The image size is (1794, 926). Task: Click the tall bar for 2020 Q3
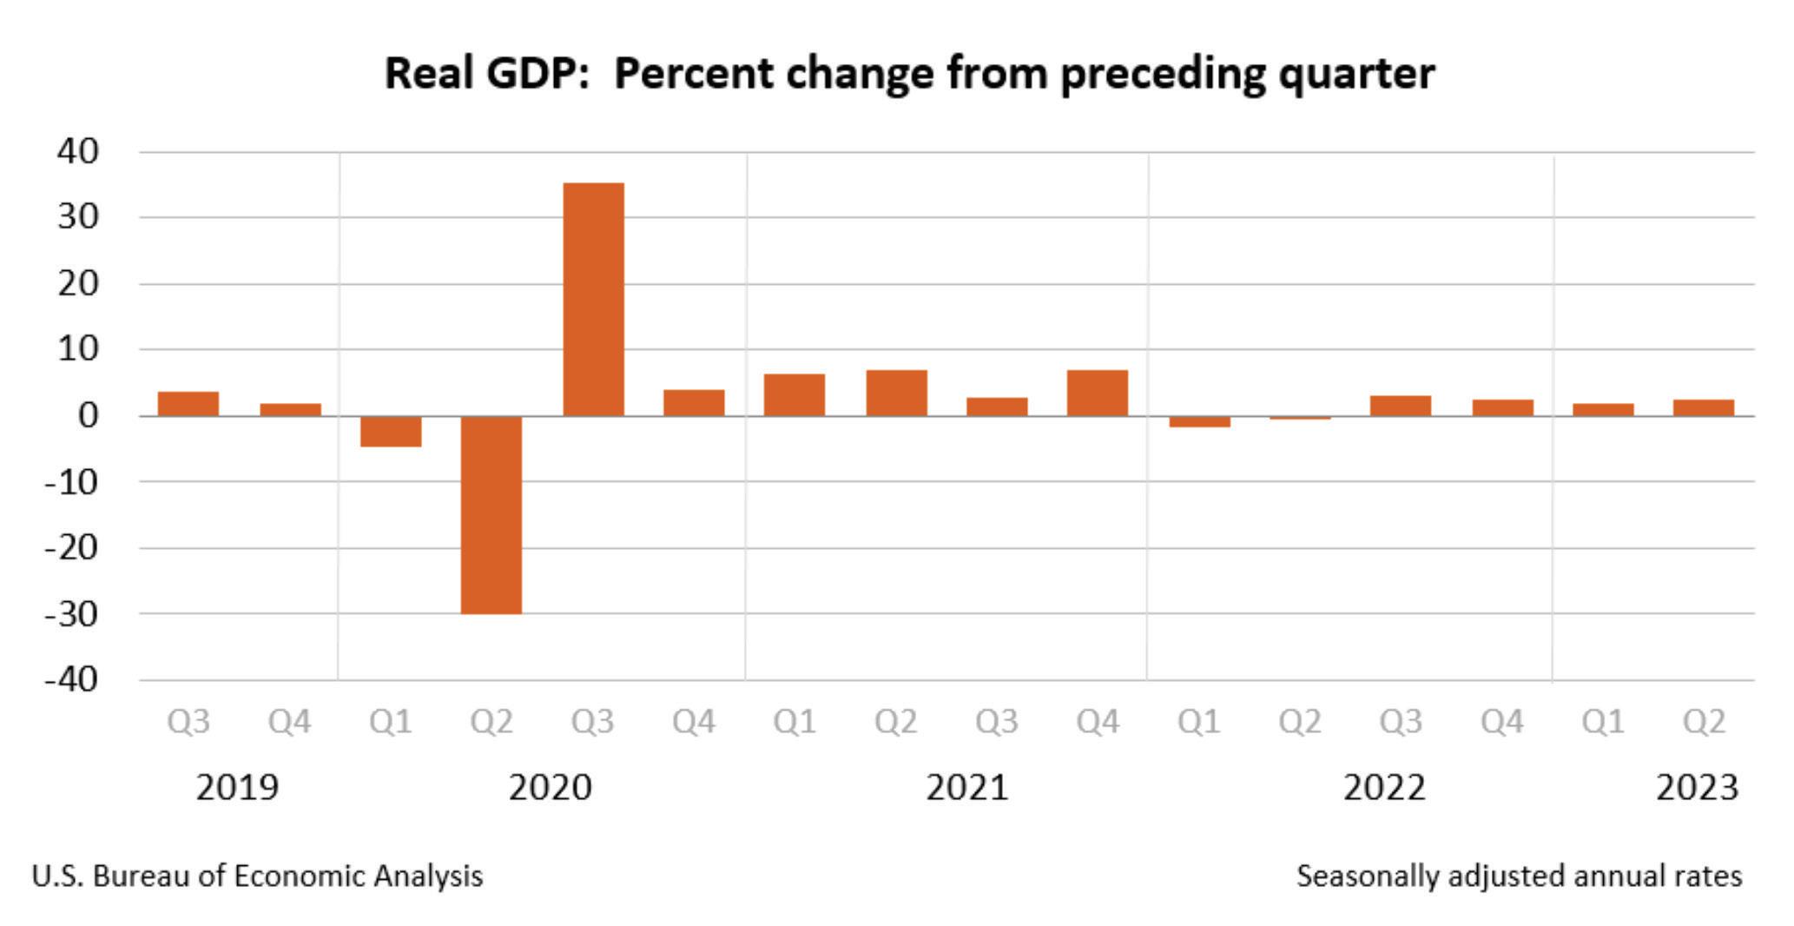593,299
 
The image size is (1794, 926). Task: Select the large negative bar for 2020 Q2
491,514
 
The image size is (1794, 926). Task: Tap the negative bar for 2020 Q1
391,431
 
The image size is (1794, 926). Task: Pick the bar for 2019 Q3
188,404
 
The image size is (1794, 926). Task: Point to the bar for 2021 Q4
1098,393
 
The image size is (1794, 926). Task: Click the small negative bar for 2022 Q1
1199,421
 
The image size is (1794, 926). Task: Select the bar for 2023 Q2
1704,407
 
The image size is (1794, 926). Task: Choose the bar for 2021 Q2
896,393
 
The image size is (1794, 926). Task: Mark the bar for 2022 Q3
1401,406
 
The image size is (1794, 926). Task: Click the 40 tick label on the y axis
78,151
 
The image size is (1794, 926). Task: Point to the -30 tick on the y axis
72,613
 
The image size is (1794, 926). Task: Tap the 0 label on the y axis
88,415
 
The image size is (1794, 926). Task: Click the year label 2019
237,788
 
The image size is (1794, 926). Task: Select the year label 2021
967,788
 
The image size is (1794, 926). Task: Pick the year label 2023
1697,788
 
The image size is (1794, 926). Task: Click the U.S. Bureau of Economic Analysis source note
257,876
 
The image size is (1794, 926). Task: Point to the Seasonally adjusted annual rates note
1519,876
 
